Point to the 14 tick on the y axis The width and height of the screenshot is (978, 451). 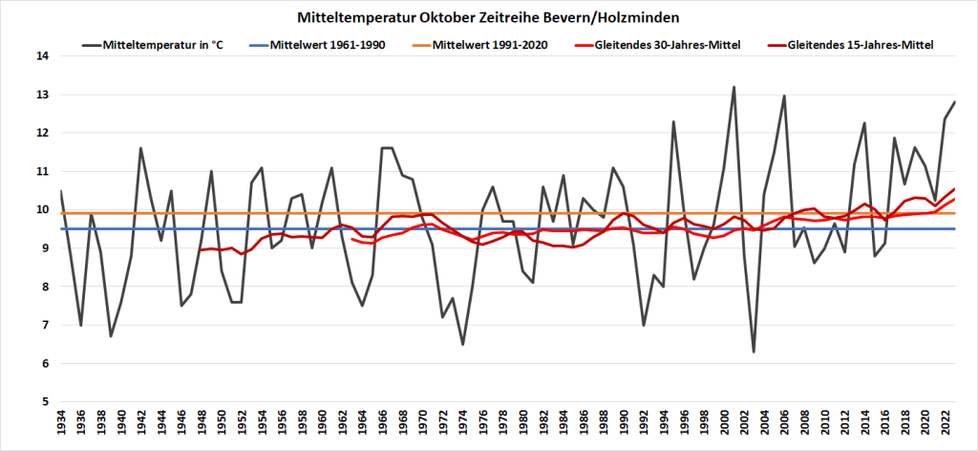point(42,56)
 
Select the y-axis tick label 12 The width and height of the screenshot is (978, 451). point(42,133)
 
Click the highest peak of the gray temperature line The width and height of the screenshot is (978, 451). point(733,87)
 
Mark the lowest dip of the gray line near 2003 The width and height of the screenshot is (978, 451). point(754,352)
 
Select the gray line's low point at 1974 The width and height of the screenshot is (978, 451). point(462,344)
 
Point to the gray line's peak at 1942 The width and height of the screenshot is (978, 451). point(141,148)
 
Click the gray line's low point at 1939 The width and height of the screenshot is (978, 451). point(112,336)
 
